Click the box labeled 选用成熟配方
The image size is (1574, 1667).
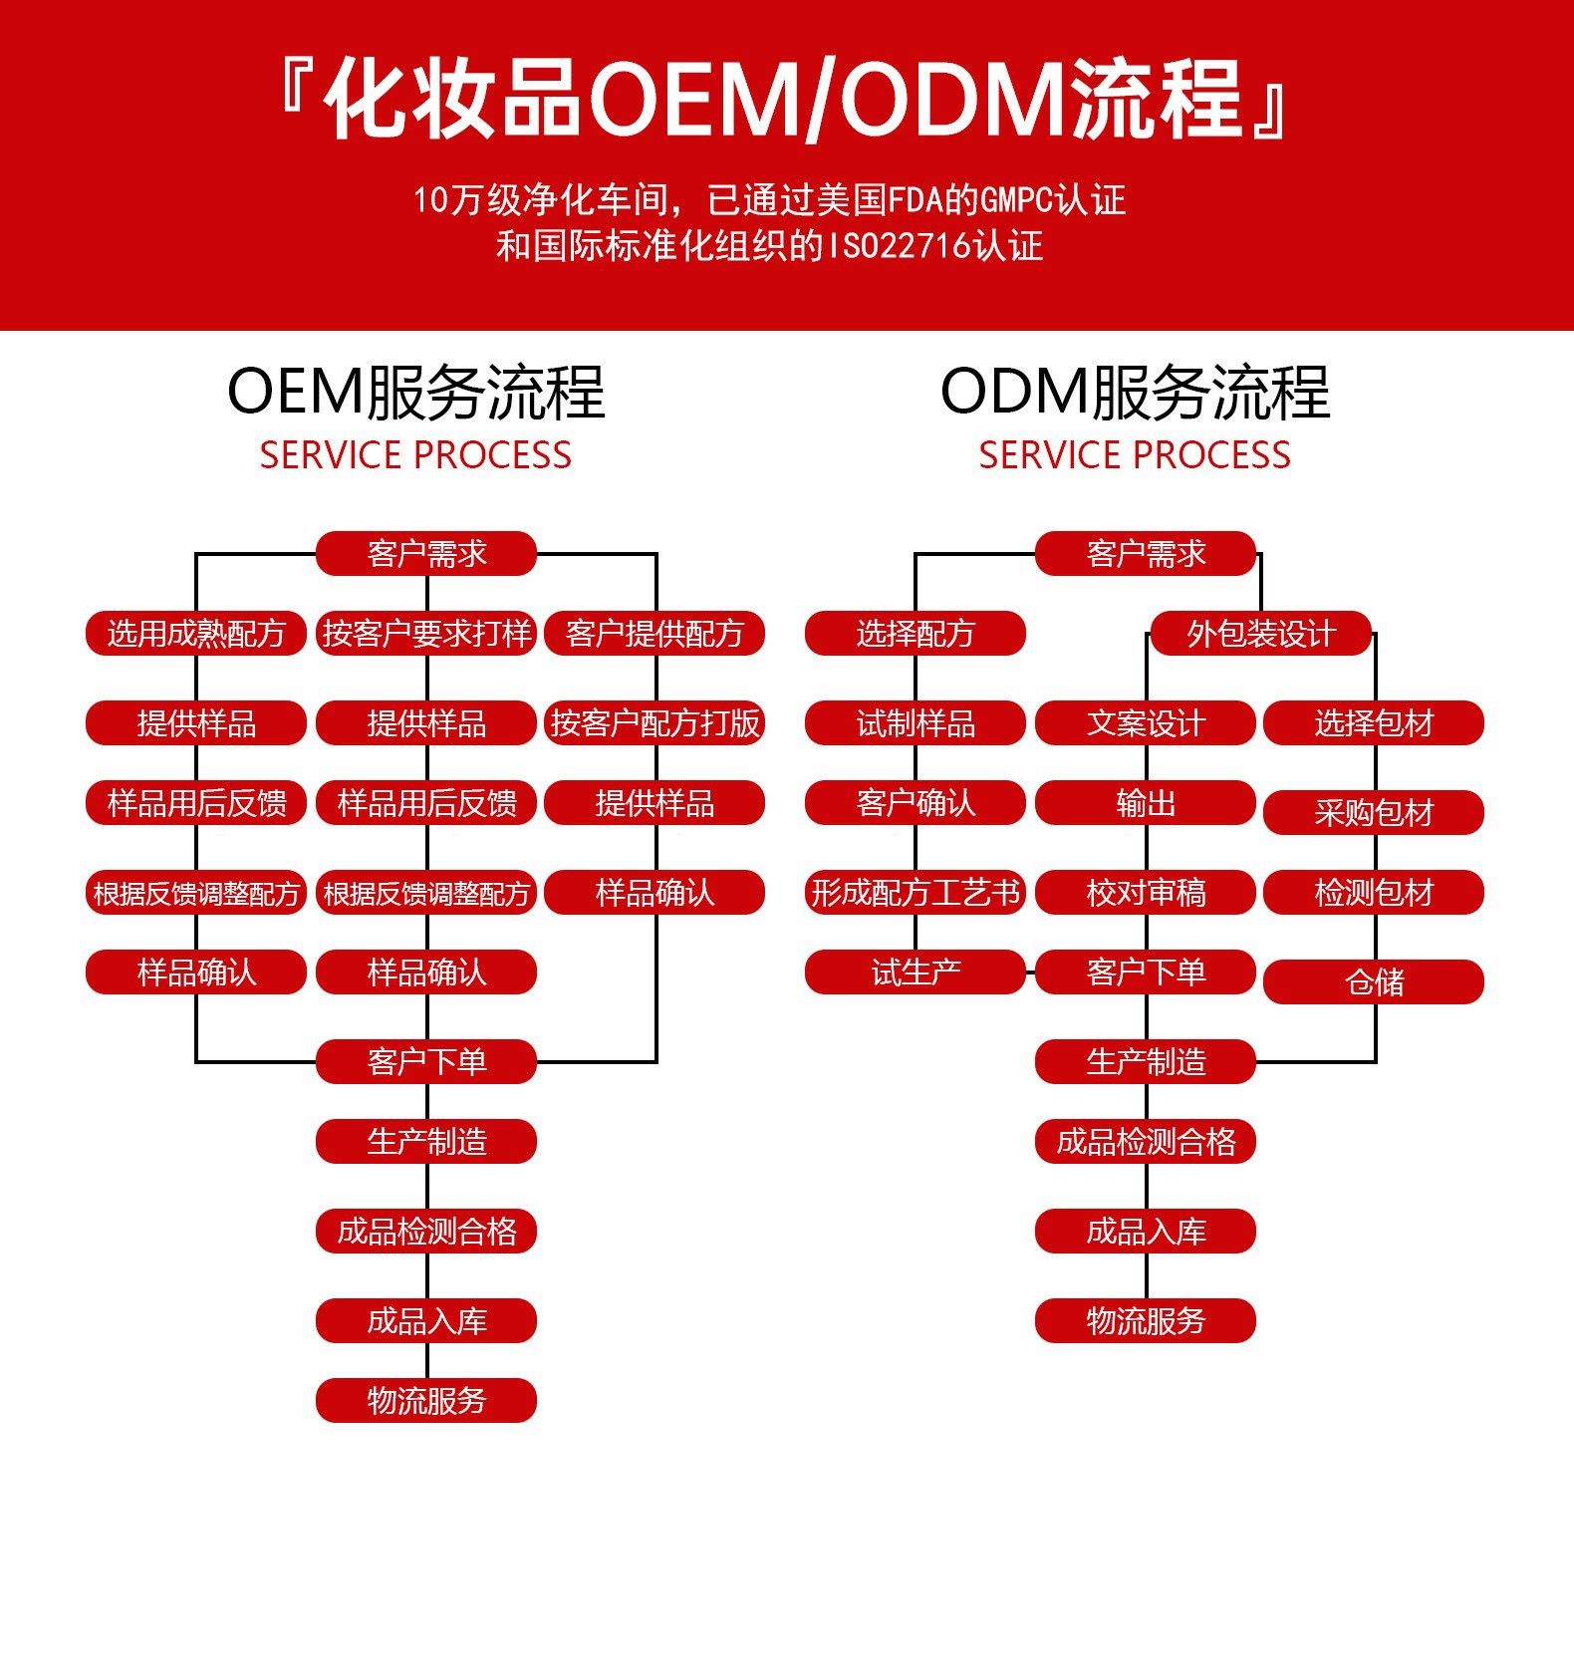click(196, 634)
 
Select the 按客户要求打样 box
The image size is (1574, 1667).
click(426, 634)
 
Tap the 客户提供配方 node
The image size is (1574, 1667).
click(655, 634)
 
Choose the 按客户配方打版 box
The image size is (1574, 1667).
click(655, 723)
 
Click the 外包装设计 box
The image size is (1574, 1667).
click(1260, 634)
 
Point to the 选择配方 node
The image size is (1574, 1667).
click(915, 634)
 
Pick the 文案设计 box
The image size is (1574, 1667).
click(1146, 723)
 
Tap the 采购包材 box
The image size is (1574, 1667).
click(1374, 813)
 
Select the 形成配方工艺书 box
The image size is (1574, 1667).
click(915, 893)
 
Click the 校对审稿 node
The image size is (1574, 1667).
click(1146, 893)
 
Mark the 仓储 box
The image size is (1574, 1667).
click(1374, 982)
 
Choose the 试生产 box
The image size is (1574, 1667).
click(915, 972)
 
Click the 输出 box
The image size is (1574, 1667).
click(1146, 803)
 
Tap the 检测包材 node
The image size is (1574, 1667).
click(1374, 893)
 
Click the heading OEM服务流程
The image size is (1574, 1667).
click(415, 392)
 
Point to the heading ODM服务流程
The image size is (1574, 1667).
click(1135, 392)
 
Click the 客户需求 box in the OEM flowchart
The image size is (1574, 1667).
click(426, 554)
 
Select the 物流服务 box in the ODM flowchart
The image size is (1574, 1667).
click(1146, 1321)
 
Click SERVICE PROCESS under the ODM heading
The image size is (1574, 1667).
click(1135, 455)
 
